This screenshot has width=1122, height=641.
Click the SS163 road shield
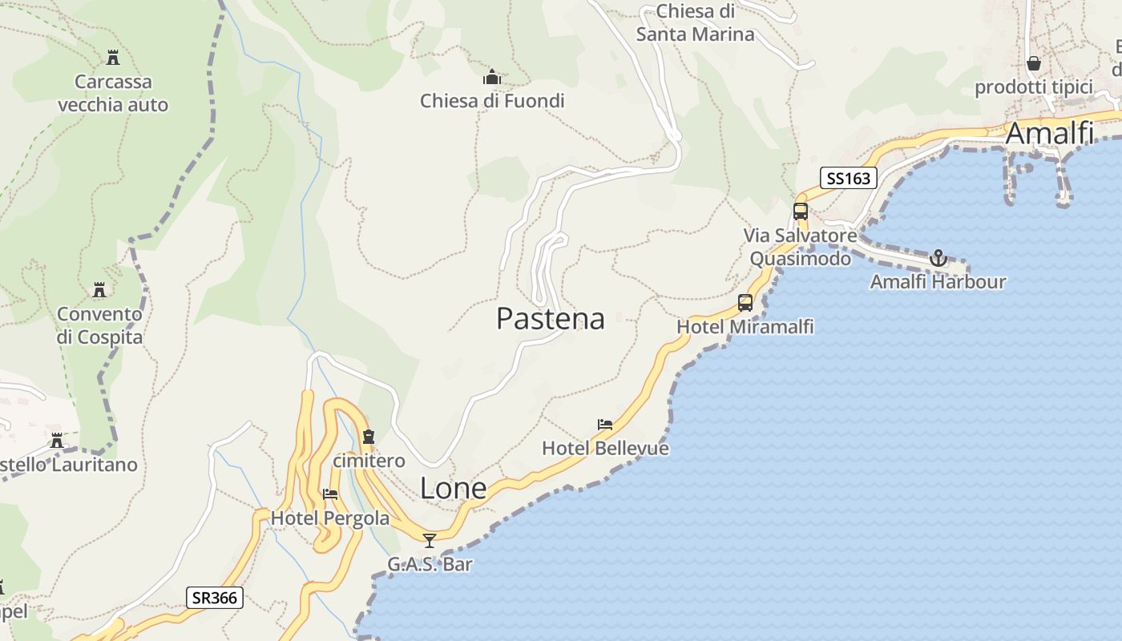(848, 178)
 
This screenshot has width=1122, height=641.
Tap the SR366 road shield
(215, 598)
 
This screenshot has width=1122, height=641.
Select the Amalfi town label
(1049, 133)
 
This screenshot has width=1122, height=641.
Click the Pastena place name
(550, 318)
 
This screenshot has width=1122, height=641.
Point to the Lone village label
(453, 488)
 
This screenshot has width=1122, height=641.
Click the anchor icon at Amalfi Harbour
(938, 258)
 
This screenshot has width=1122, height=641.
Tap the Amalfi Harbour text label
(938, 282)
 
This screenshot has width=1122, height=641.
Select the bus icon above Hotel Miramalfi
(745, 303)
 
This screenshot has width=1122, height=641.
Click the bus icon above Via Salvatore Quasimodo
(801, 212)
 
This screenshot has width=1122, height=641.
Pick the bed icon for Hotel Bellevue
(605, 424)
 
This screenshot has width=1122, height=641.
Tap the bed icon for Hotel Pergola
(330, 494)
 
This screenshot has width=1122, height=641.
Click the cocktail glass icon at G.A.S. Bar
(430, 540)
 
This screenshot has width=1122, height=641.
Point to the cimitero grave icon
(369, 437)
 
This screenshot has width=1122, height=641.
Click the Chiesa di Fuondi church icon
(492, 78)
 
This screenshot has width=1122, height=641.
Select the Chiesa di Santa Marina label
(696, 22)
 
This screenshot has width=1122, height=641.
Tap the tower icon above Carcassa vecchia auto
(113, 58)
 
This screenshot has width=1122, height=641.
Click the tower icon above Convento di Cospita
(99, 289)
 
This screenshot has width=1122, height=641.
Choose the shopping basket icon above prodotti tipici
(1034, 62)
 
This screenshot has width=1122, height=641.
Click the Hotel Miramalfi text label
(745, 326)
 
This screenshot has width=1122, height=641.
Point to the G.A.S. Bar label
(430, 564)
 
